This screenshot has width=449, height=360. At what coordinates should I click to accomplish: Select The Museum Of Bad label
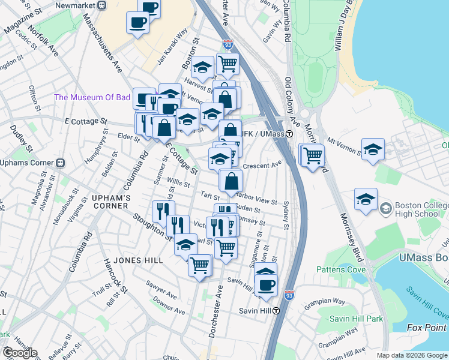coord(92,97)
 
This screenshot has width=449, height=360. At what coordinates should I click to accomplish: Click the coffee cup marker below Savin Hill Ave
coord(267,286)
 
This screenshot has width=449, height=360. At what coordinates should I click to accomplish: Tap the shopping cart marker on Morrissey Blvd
coord(313,156)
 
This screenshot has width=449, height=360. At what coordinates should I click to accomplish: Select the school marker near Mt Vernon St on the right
coord(373,150)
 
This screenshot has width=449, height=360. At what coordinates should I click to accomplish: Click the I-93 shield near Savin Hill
coord(288,289)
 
